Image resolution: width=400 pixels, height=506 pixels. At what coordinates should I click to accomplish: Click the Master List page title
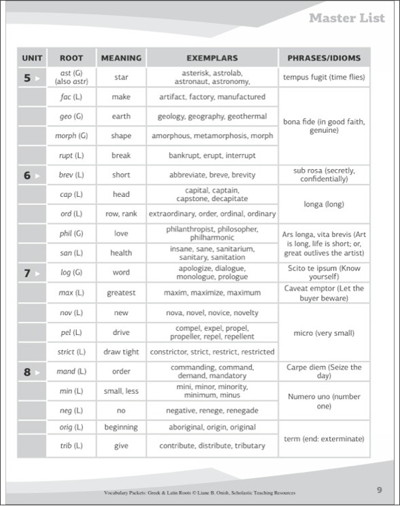pyautogui.click(x=346, y=18)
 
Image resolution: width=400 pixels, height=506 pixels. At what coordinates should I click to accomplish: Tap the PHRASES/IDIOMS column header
pyautogui.click(x=324, y=58)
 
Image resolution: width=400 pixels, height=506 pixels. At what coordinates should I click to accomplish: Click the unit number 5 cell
pyautogui.click(x=31, y=77)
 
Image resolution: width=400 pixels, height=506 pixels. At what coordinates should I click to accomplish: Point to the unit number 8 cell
pyautogui.click(x=31, y=372)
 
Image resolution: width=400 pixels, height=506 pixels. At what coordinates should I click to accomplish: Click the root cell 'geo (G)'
pyautogui.click(x=71, y=116)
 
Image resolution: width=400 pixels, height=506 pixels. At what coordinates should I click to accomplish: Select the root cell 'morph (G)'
pyautogui.click(x=71, y=136)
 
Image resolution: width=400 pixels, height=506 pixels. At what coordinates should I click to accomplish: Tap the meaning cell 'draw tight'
pyautogui.click(x=121, y=352)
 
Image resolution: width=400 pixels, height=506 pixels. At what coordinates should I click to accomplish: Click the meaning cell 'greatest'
pyautogui.click(x=121, y=293)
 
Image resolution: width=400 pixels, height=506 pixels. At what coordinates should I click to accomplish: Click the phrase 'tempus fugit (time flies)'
pyautogui.click(x=324, y=77)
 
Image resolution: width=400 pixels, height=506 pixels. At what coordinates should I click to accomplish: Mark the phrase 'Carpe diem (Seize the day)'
pyautogui.click(x=324, y=372)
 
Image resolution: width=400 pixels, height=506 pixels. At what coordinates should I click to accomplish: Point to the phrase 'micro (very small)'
pyautogui.click(x=324, y=332)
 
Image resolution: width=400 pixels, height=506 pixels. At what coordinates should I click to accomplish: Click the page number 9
pyautogui.click(x=379, y=490)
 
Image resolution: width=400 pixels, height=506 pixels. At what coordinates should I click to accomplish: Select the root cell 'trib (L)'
pyautogui.click(x=71, y=446)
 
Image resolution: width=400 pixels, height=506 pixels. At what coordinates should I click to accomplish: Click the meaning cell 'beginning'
pyautogui.click(x=121, y=427)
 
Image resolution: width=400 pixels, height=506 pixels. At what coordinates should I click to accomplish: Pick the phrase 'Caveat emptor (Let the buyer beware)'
pyautogui.click(x=324, y=293)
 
